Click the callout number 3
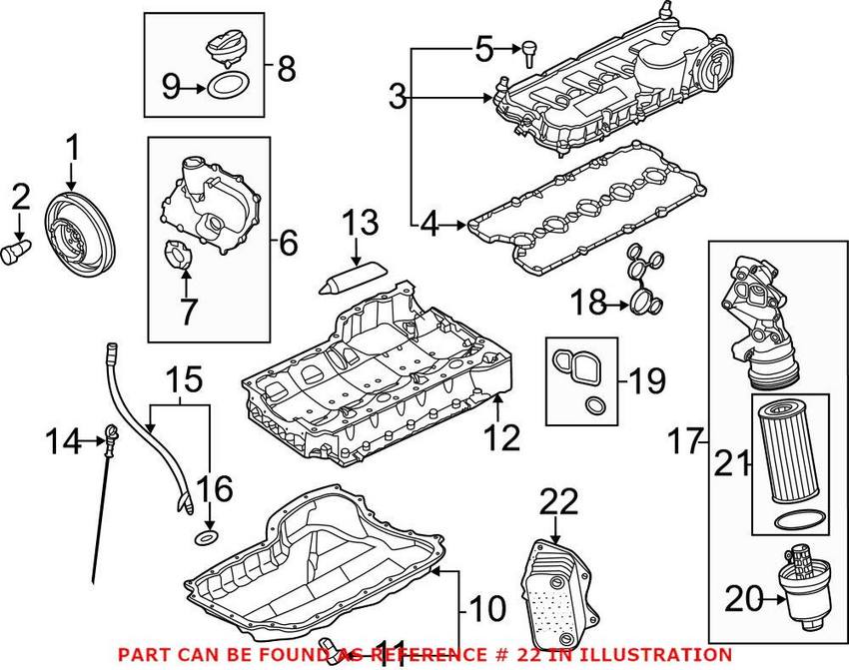398,97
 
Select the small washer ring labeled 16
205,539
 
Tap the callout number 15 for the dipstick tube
183,380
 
